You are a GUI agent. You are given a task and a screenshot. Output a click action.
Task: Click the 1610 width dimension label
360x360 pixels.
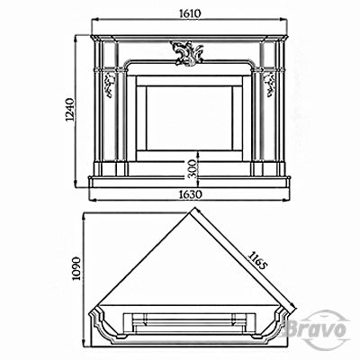pos(190,13)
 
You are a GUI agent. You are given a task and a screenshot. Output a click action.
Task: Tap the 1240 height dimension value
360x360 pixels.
pos(69,110)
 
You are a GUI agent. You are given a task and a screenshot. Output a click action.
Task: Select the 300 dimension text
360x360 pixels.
pos(193,169)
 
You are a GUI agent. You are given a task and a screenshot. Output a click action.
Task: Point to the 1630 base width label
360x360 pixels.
pos(190,194)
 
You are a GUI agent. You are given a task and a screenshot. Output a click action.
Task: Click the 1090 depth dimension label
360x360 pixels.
pos(77,268)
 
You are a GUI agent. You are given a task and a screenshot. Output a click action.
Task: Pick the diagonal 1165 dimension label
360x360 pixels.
pos(256,260)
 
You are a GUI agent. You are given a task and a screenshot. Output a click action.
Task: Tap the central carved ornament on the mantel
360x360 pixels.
pos(186,53)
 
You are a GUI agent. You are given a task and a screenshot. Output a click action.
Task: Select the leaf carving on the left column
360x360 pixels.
pos(110,85)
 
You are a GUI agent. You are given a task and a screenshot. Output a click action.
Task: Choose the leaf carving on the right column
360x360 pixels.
pos(269,85)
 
